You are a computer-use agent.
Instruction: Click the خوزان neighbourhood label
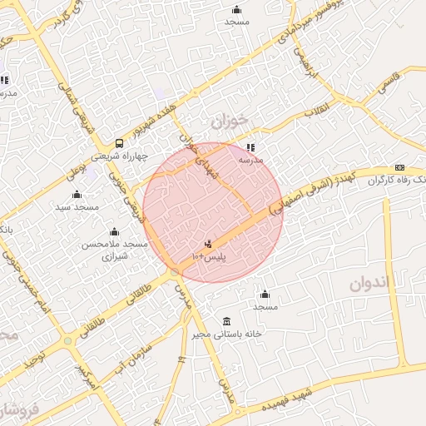[x=229, y=121]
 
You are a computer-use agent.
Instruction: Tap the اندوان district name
[x=364, y=282]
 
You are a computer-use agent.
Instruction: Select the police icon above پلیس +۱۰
[x=208, y=245]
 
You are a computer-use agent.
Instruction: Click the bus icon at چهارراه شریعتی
[x=120, y=143]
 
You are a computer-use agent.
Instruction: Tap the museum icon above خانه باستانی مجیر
[x=227, y=321]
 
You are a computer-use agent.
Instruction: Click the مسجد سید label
[x=77, y=206]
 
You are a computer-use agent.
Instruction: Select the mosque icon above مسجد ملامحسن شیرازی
[x=114, y=231]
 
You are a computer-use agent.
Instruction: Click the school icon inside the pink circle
[x=250, y=147]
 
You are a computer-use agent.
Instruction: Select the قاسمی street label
[x=389, y=81]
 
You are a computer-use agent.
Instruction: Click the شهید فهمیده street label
[x=287, y=398]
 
